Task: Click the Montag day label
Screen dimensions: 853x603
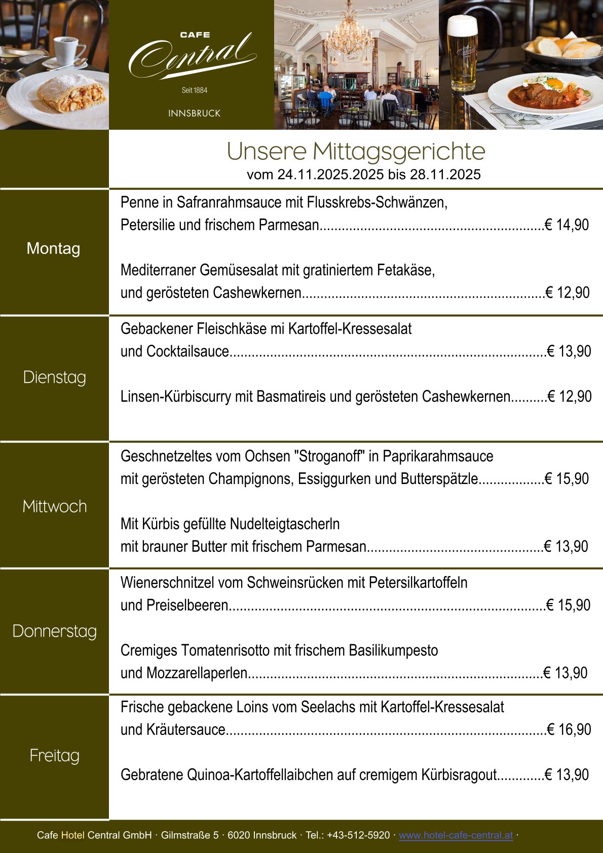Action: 53,248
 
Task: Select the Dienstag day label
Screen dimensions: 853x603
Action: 55,377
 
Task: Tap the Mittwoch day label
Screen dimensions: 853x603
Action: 55,506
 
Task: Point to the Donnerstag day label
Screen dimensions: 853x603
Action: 55,631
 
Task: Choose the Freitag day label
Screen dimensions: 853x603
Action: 55,755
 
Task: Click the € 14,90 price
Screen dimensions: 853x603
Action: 567,225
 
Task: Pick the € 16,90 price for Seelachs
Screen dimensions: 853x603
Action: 569,729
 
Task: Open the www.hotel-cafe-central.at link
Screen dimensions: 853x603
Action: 456,835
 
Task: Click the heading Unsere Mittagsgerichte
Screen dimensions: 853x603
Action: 356,151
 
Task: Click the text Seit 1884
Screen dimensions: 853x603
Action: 195,90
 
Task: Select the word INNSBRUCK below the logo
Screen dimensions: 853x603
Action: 195,114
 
